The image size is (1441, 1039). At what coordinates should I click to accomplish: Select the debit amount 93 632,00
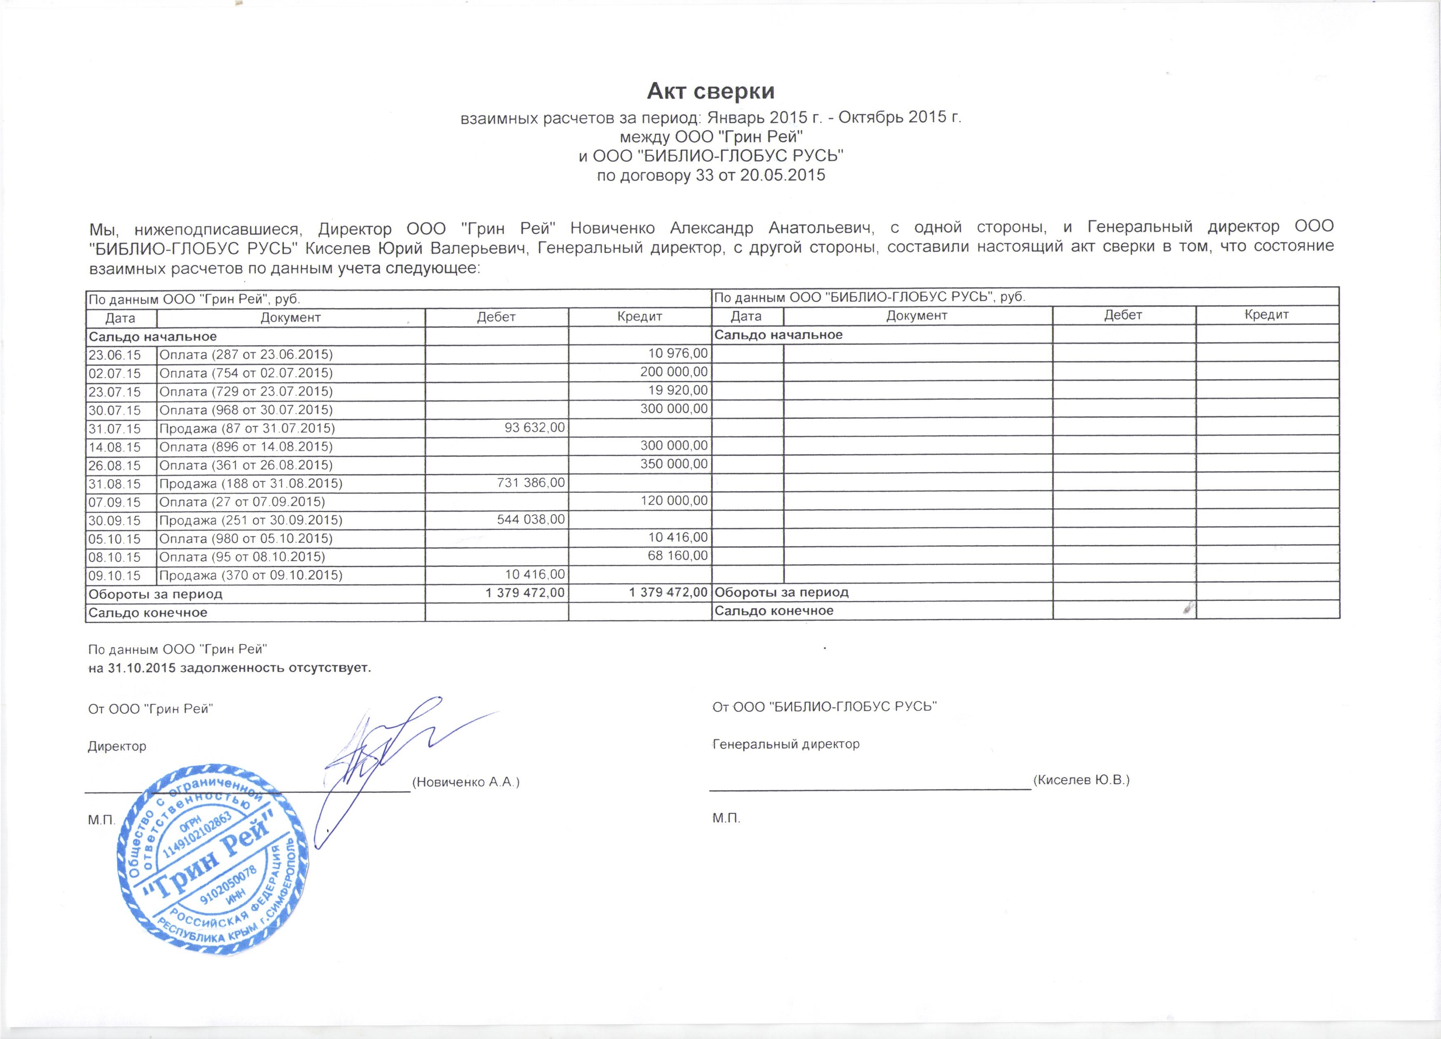point(534,428)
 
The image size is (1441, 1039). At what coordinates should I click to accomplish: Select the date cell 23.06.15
point(115,355)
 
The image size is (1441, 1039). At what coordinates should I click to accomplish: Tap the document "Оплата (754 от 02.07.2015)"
point(246,373)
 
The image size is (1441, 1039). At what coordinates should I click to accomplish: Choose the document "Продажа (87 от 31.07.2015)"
point(247,428)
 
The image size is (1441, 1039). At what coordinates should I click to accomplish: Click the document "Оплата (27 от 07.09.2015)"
point(242,502)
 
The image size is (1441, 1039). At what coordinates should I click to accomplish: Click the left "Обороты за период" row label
point(156,594)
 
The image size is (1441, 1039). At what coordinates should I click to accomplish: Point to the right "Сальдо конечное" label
point(774,611)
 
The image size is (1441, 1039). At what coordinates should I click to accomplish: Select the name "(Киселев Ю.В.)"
point(1081,780)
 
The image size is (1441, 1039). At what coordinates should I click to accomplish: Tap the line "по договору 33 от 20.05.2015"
point(711,175)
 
